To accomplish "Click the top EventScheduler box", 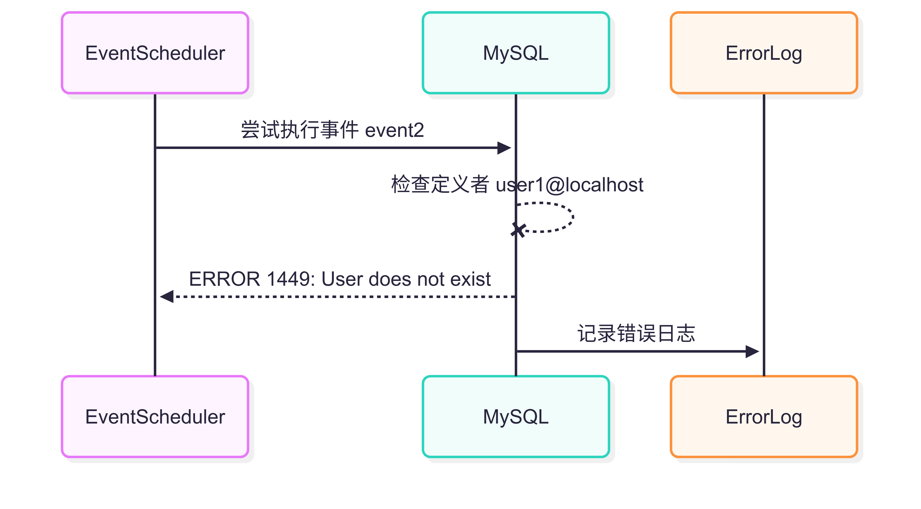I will point(155,53).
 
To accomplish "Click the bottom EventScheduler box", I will point(155,417).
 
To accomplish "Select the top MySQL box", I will point(516,53).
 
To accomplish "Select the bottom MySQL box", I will point(516,417).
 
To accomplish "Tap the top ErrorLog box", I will point(764,53).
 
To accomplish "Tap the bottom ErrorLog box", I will point(764,417).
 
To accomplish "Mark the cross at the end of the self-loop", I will point(518,230).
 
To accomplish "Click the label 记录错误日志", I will point(636,333).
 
